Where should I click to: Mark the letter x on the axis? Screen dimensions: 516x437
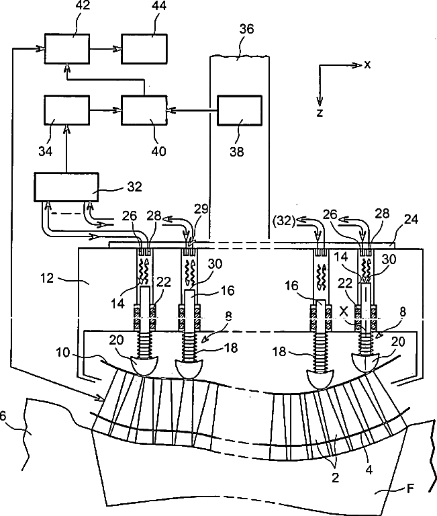[x=367, y=64]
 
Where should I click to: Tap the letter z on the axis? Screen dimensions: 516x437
[x=320, y=113]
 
